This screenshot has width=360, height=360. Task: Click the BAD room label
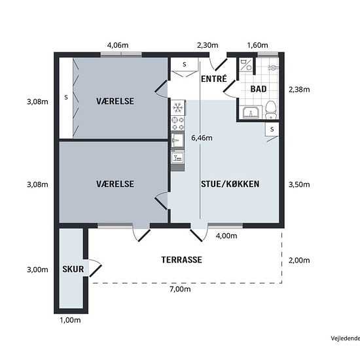point(259,89)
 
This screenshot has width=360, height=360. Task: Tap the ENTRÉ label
point(214,79)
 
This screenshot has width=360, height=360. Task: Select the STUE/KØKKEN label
point(230,184)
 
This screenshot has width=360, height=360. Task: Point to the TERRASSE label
point(181,260)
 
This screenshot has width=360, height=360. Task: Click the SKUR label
point(73,269)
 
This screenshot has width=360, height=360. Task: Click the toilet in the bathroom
point(271,110)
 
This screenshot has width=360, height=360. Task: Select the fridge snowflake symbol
point(177,108)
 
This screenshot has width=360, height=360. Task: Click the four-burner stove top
point(178,124)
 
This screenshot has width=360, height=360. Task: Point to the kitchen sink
point(177,140)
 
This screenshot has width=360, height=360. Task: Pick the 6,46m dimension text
point(202,138)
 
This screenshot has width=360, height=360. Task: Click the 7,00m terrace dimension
point(180,289)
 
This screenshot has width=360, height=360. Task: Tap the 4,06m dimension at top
point(118,45)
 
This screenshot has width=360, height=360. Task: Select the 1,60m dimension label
point(257,45)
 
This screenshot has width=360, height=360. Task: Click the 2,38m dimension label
point(299,89)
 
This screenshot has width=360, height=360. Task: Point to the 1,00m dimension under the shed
point(70,320)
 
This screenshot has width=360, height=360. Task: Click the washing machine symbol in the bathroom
point(246,65)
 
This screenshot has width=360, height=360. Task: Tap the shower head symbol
point(273,67)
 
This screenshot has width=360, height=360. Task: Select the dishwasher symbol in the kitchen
point(177,158)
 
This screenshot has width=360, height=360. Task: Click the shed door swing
point(95,268)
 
